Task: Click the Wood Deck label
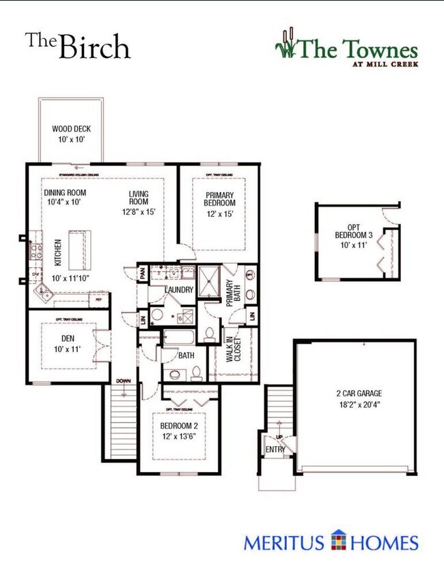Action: (71, 129)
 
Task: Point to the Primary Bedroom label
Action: (220, 198)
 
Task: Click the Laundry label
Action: (180, 290)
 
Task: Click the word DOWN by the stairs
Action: (123, 381)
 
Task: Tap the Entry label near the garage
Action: (274, 449)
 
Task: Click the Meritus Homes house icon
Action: (339, 542)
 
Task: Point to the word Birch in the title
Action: (94, 47)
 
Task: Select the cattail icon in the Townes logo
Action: (286, 44)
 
